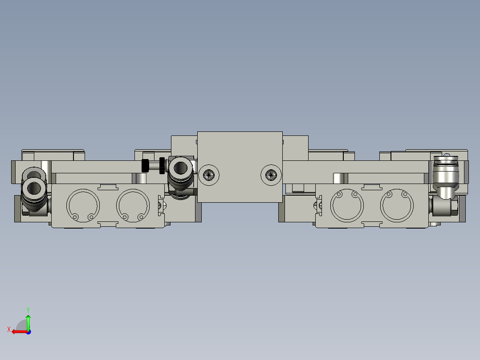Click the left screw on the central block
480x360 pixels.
pos(209,175)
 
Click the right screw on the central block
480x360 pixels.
pos(270,175)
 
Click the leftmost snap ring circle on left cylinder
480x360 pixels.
pos(83,205)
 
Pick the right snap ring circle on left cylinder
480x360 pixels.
pos(133,205)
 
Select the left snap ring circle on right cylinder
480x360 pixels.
pos(347,205)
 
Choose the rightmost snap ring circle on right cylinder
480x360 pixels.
pos(397,205)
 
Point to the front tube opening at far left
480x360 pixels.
pos(33,188)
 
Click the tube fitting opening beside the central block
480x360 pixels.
pos(180,168)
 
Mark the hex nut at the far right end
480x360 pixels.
pos(455,208)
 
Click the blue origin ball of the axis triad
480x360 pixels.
pos(28,331)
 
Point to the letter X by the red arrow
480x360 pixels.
pos(8,329)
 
